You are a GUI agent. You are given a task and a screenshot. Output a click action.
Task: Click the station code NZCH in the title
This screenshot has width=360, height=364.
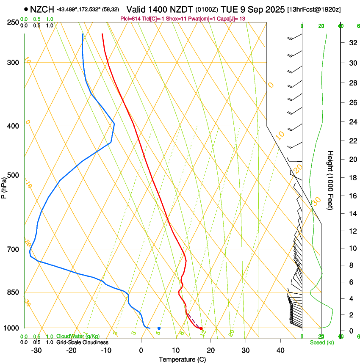coord(42,9)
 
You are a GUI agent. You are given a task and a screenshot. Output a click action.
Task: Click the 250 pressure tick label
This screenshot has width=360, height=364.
coord(13,22)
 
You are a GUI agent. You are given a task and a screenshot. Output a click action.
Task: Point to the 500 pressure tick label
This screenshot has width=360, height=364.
coord(13,175)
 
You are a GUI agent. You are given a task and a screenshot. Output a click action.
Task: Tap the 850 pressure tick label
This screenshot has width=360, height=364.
coord(13,292)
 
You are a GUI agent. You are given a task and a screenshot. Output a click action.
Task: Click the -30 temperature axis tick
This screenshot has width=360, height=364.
coord(36,350)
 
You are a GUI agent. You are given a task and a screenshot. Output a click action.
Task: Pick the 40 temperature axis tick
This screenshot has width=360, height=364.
coord(280,350)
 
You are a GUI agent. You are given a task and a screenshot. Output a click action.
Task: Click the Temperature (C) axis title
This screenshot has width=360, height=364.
coord(182,359)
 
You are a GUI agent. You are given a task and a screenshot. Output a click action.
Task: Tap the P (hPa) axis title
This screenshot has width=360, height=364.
coord(4,187)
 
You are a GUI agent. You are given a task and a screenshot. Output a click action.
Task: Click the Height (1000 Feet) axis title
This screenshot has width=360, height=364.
coord(330,180)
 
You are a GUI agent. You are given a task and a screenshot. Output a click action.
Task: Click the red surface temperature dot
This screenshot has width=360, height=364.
coord(201,328)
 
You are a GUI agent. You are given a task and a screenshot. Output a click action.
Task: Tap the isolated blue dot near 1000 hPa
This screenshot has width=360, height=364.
coord(159,328)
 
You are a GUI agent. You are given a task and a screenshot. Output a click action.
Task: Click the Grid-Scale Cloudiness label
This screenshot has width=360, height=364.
coord(82,342)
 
